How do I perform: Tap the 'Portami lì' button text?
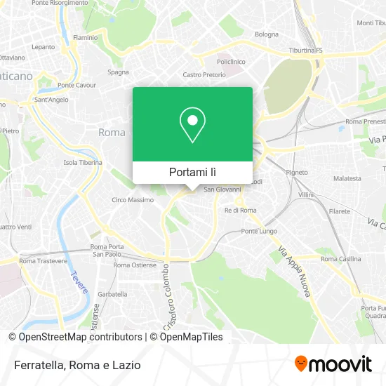tap(193, 172)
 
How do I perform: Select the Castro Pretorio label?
tap(201, 74)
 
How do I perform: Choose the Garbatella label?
tap(113, 294)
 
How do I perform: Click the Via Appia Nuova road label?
tap(294, 272)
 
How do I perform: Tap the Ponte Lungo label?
tap(259, 231)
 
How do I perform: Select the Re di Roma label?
tap(240, 210)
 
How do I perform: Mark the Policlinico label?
tap(230, 62)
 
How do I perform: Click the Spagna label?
tap(118, 72)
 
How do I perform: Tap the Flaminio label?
tap(85, 37)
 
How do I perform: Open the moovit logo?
tap(333, 364)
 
